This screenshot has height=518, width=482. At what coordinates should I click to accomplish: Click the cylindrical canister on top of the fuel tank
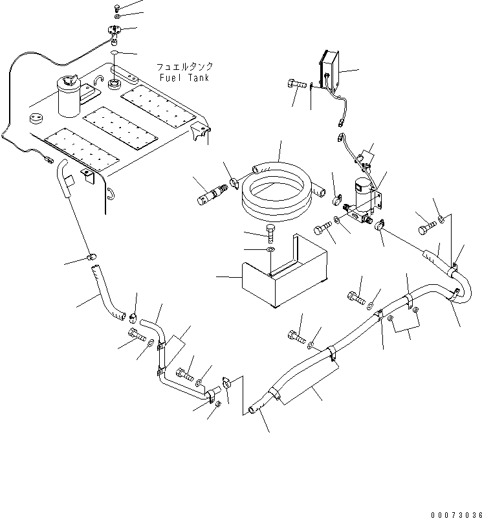pos(68,95)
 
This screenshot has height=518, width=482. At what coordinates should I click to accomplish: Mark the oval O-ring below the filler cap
pos(114,50)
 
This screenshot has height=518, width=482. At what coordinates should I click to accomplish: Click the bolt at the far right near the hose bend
pos(428,228)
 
